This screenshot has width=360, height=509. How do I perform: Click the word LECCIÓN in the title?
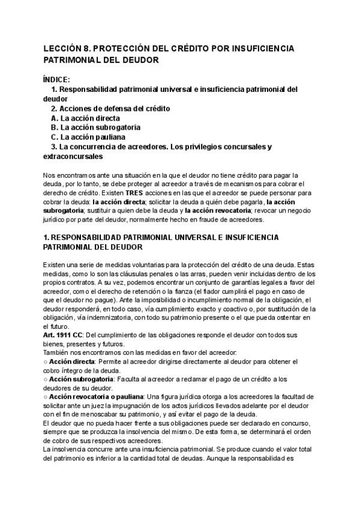pos(64,49)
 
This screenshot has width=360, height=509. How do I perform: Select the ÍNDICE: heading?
pos(57,79)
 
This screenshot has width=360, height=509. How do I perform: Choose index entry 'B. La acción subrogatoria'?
pos(96,128)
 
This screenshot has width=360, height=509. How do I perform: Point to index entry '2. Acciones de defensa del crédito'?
pos(110,109)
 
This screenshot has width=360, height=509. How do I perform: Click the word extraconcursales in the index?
pos(73,157)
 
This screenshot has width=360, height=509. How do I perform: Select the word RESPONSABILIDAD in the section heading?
pos(88,237)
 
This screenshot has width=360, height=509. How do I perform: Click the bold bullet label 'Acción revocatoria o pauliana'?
pos(96,397)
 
